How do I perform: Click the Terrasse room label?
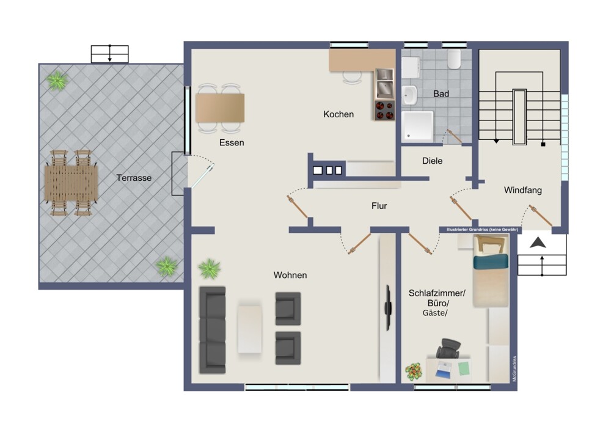point(134,178)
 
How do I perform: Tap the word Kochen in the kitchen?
point(338,114)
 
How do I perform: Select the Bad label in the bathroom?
point(441,94)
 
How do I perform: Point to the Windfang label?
point(523,190)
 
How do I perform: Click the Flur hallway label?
point(379,206)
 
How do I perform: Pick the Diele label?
point(432,161)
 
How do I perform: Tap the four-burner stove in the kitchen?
point(384,110)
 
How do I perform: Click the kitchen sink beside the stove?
point(384,84)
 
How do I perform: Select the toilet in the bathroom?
point(454,59)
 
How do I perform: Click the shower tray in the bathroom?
point(418,126)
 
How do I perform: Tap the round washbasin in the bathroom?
point(410,95)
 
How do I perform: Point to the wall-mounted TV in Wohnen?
point(388,308)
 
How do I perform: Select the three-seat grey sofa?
point(213,330)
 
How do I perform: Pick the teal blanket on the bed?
point(491,261)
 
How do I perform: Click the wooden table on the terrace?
point(71,183)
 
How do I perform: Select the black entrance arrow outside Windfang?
point(538,243)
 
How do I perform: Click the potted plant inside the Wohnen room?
point(210,268)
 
